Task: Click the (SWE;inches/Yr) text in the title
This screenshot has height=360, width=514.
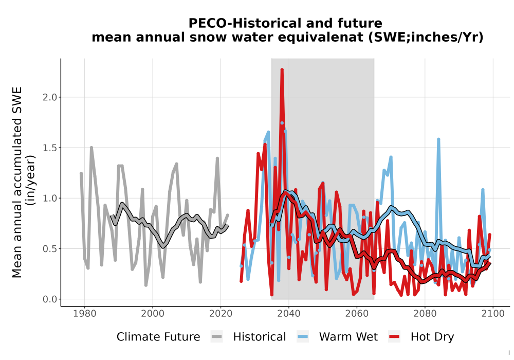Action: (426, 38)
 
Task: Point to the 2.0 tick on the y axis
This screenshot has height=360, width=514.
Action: (50, 97)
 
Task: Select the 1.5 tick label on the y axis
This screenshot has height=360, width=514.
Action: (50, 148)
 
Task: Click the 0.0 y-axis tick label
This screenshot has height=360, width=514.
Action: (50, 299)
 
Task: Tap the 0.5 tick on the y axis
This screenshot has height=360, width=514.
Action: (50, 249)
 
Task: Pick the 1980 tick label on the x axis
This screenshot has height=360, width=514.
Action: (85, 313)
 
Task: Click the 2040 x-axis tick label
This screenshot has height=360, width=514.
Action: (289, 313)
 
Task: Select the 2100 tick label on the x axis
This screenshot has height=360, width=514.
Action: (493, 313)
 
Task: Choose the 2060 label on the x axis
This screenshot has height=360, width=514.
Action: (357, 313)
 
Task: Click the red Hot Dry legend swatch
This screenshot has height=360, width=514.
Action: (394, 337)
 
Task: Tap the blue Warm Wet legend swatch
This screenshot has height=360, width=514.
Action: (303, 337)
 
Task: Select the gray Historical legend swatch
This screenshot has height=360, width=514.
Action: (217, 337)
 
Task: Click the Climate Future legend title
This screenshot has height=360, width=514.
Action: (158, 337)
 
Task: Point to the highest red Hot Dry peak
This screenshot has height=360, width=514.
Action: (282, 70)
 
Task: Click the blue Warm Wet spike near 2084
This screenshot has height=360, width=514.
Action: (438, 140)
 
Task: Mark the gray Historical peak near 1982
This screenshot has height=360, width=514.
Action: (91, 148)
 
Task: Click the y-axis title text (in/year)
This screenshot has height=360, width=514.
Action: (31, 181)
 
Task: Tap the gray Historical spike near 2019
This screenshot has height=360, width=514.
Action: (217, 158)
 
